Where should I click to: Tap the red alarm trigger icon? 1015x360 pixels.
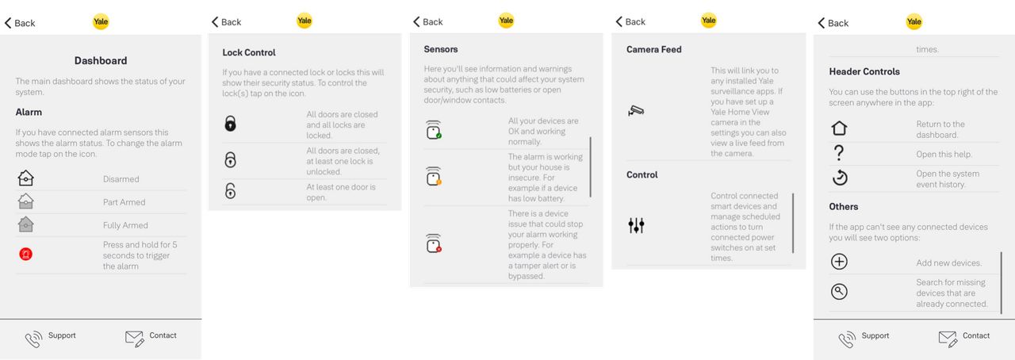pos(26,254)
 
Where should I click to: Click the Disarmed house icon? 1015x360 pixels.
pos(26,178)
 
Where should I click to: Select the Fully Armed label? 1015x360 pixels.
pos(125,225)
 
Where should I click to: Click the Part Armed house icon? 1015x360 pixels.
pos(26,201)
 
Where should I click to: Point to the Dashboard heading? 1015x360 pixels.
pos(101,61)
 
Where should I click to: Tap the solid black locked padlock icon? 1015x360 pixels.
pos(230,124)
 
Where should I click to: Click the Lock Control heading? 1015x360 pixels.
pos(249,52)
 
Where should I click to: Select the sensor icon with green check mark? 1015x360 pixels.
pos(434,130)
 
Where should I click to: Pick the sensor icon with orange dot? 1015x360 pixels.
pos(434,176)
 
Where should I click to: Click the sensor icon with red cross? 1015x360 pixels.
pos(434,243)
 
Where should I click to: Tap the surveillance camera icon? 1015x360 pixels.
pos(636,111)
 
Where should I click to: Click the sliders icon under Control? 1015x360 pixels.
pos(636,225)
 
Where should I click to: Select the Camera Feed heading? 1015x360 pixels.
pos(654,49)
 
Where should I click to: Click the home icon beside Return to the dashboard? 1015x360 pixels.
pos(839,128)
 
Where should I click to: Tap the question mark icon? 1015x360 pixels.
pos(839,153)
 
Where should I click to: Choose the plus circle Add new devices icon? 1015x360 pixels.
pos(839,262)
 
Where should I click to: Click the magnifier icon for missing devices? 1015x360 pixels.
pos(839,292)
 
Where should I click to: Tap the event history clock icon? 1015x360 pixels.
pos(840,178)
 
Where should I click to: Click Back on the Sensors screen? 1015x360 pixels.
pos(427,21)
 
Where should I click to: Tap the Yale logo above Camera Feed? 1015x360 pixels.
pos(709,21)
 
